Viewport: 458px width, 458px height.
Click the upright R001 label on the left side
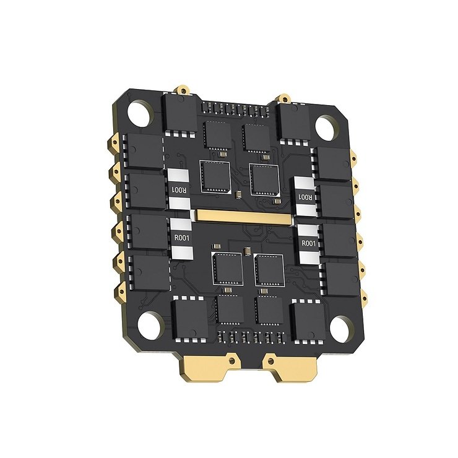coord(181,238)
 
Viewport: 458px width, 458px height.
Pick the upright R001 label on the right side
coord(309,244)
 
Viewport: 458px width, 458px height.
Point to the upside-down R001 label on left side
coord(178,189)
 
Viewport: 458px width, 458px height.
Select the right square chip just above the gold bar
coord(265,179)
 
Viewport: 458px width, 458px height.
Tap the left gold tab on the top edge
coord(183,91)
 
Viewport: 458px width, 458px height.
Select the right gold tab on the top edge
coord(283,97)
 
